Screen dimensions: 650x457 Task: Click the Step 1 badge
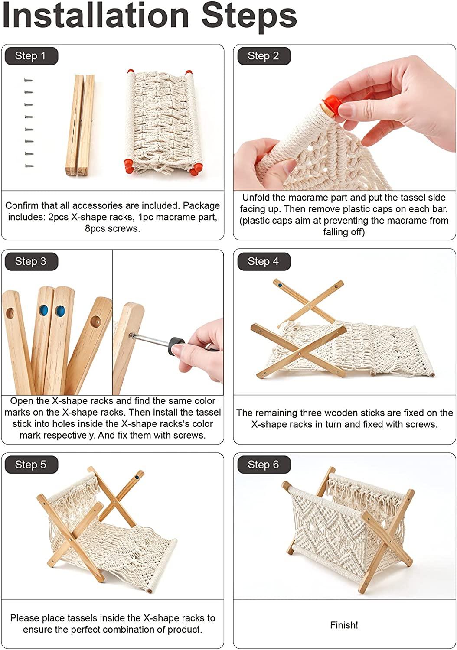coord(31,56)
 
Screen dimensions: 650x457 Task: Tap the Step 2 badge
coord(263,56)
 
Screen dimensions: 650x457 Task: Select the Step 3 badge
coord(31,261)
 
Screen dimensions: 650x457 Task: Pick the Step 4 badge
coord(263,261)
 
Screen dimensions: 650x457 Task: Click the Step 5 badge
coord(31,465)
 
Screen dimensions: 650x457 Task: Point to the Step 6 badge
coord(263,465)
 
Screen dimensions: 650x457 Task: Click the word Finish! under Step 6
coord(344,625)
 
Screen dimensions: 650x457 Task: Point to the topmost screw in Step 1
coord(29,80)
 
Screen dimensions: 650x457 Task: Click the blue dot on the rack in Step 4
coord(280,286)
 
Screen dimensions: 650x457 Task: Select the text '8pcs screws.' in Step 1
coord(112,228)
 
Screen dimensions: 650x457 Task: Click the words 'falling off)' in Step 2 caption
coord(344,232)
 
